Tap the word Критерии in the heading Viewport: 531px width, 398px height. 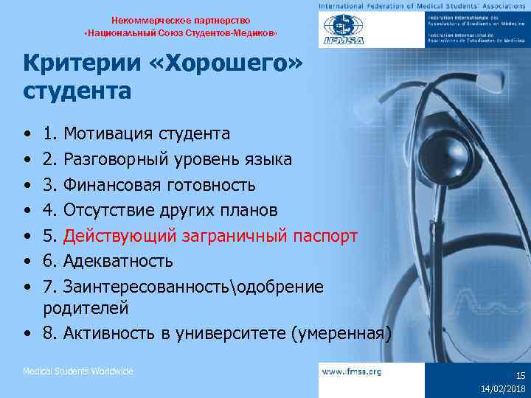pos(82,65)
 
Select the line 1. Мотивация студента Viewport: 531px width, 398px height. pos(136,133)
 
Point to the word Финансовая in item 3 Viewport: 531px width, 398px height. pos(111,184)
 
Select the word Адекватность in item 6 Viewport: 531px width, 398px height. pos(118,261)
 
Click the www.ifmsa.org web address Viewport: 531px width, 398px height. pos(351,372)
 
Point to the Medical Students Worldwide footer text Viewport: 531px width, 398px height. pos(78,371)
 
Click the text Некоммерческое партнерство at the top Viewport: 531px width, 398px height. pos(181,20)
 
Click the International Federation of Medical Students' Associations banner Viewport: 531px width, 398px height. pos(423,6)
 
